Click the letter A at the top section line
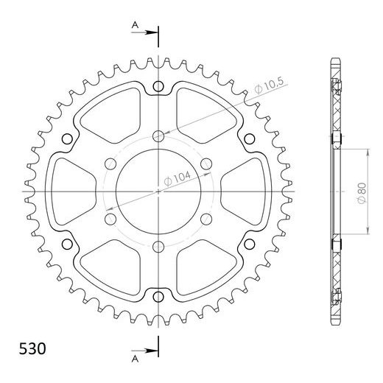pyautogui.click(x=135, y=24)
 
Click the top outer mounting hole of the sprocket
pyautogui.click(x=158, y=88)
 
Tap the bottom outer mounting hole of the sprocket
pyautogui.click(x=158, y=296)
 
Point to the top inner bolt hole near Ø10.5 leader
pyautogui.click(x=158, y=135)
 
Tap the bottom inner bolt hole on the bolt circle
pyautogui.click(x=158, y=247)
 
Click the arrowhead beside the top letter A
pyautogui.click(x=153, y=32)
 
